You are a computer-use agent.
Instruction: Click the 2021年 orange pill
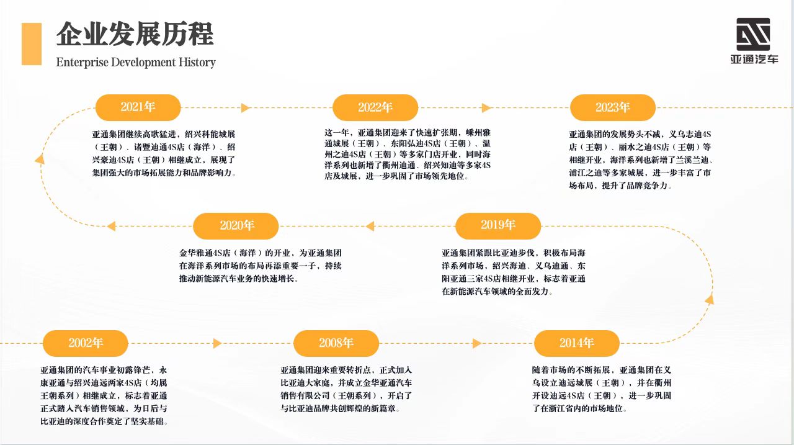pos(138,107)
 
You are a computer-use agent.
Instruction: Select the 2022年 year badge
pos(375,107)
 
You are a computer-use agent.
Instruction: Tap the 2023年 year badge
pos(612,107)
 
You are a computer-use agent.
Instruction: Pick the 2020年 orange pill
pos(236,226)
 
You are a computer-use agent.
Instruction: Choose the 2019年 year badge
pos(498,226)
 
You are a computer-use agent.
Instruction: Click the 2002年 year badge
pos(86,343)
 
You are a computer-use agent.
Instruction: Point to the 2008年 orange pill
pos(336,343)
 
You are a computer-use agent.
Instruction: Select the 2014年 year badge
pos(577,343)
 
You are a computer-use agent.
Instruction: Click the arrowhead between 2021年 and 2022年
pos(246,108)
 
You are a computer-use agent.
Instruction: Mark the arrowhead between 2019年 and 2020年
pos(370,226)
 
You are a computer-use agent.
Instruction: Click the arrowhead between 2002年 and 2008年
pos(217,343)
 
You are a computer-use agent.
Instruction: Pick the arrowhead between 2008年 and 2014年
pos(477,343)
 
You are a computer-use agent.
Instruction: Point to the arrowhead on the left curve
pos(40,160)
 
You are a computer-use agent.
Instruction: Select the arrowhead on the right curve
pos(709,300)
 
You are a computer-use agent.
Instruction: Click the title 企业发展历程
pos(135,34)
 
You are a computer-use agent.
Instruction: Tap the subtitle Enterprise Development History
pos(136,63)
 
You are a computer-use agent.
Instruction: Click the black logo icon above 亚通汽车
pos(753,34)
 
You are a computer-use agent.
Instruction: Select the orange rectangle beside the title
pos(32,44)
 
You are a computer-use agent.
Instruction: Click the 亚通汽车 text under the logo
pos(754,59)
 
